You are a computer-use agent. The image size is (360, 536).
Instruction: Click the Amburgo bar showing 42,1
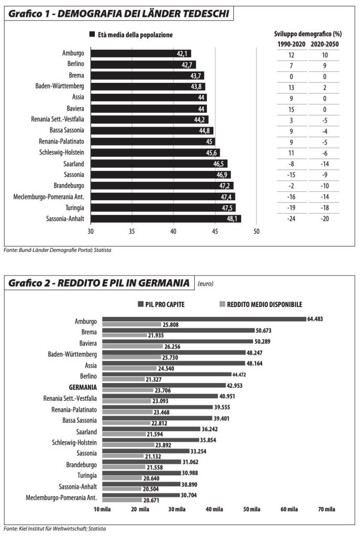[140, 53]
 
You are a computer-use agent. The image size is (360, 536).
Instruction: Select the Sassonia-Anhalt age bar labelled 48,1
[166, 218]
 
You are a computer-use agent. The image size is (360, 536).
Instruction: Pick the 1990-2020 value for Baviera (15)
[291, 108]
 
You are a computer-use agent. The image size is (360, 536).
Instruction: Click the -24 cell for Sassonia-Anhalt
[291, 218]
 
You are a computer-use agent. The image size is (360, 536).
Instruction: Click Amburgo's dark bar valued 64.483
[204, 319]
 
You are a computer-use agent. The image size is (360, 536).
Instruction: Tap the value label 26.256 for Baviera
[173, 346]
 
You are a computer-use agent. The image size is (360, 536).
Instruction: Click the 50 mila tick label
[252, 509]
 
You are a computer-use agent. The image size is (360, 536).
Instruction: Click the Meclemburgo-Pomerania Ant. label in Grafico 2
[62, 497]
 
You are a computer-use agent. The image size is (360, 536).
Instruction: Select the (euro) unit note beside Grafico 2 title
[205, 283]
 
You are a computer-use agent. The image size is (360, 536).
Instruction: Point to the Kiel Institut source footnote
[54, 528]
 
